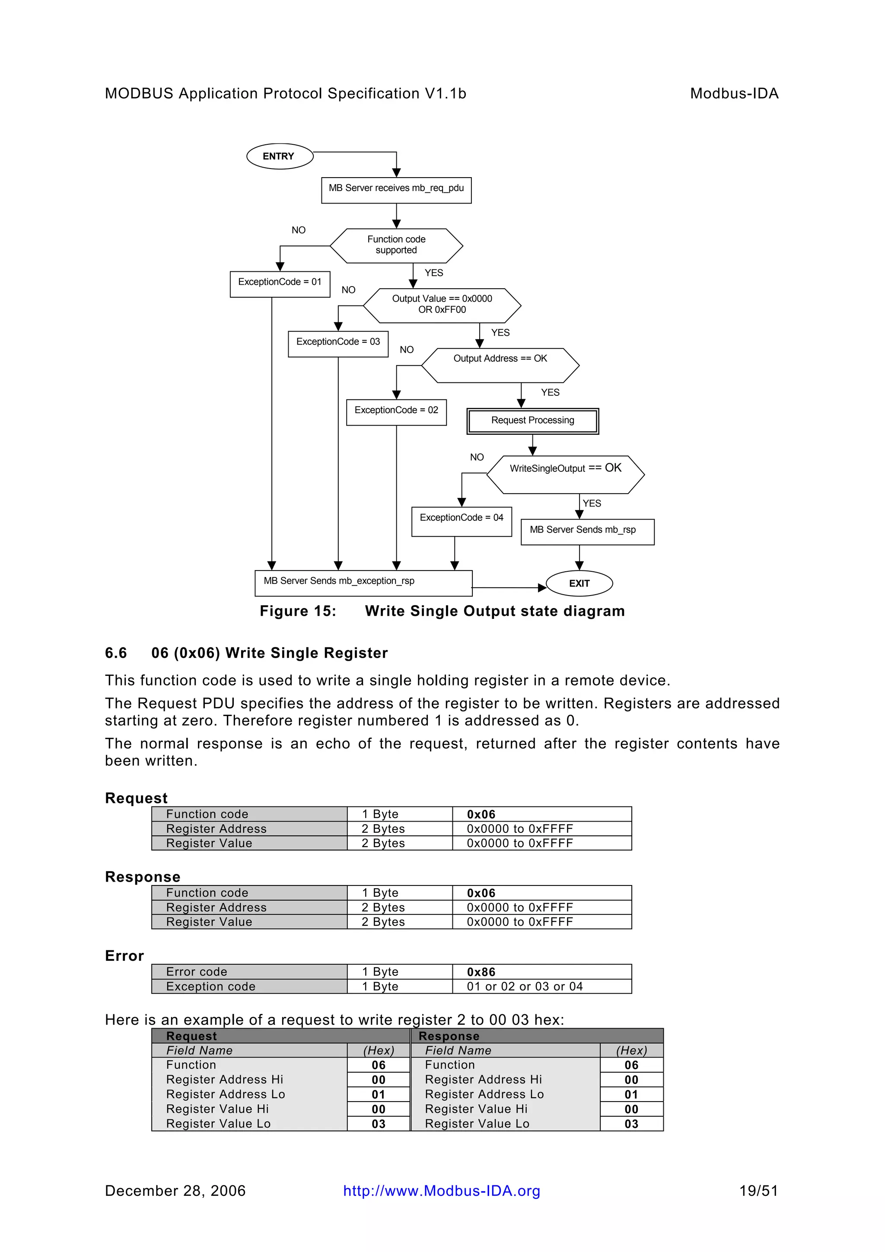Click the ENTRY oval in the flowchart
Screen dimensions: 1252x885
(280, 156)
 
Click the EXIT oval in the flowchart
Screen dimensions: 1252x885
(579, 583)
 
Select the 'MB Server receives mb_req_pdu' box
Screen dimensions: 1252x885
(396, 190)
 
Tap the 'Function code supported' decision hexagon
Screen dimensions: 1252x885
(396, 245)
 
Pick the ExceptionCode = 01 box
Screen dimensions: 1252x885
(280, 284)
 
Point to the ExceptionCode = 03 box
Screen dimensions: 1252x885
(338, 344)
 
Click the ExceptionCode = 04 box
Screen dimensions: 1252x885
(462, 521)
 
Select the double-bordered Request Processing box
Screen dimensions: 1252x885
(533, 421)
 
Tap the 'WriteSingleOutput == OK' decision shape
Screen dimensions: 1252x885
(566, 475)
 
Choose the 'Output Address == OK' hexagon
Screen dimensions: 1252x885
(500, 365)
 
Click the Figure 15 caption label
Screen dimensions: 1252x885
(298, 611)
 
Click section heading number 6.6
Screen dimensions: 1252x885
(116, 653)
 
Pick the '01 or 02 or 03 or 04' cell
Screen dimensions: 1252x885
(525, 987)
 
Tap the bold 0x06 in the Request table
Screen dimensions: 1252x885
(481, 815)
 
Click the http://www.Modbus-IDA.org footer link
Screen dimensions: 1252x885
(442, 1191)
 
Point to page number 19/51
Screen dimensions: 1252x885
(758, 1191)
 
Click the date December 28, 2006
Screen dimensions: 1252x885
(175, 1191)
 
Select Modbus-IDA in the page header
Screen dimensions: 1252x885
(734, 94)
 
